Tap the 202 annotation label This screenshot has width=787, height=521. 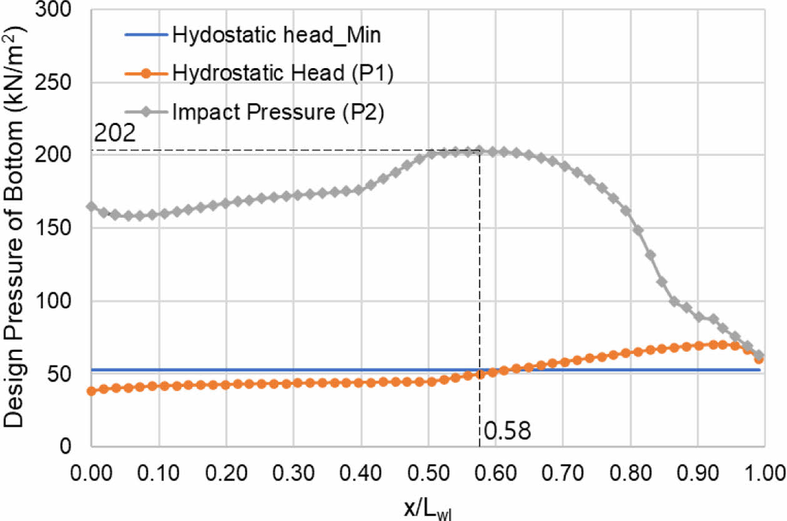tap(114, 134)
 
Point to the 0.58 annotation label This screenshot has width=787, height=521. tap(507, 431)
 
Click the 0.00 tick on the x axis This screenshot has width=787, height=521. tap(91, 470)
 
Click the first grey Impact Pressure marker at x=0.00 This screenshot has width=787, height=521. tap(91, 207)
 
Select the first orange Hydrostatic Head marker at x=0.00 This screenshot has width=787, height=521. tap(91, 391)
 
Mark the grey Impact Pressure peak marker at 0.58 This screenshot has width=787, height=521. tap(480, 151)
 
